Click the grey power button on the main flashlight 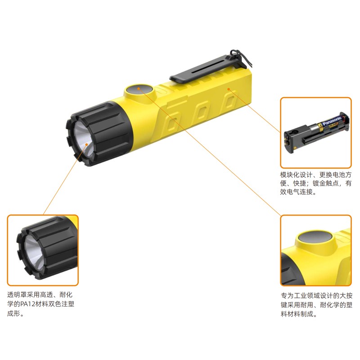click(x=139, y=90)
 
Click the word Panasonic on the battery click(x=332, y=121)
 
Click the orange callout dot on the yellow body click(x=229, y=89)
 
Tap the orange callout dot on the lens click(x=86, y=144)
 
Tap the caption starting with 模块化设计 click(x=316, y=183)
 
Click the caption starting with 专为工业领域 click(x=316, y=305)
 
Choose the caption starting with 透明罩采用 click(x=40, y=304)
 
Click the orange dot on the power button click(x=139, y=88)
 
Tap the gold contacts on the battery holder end click(x=287, y=140)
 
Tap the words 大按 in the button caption click(x=346, y=296)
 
